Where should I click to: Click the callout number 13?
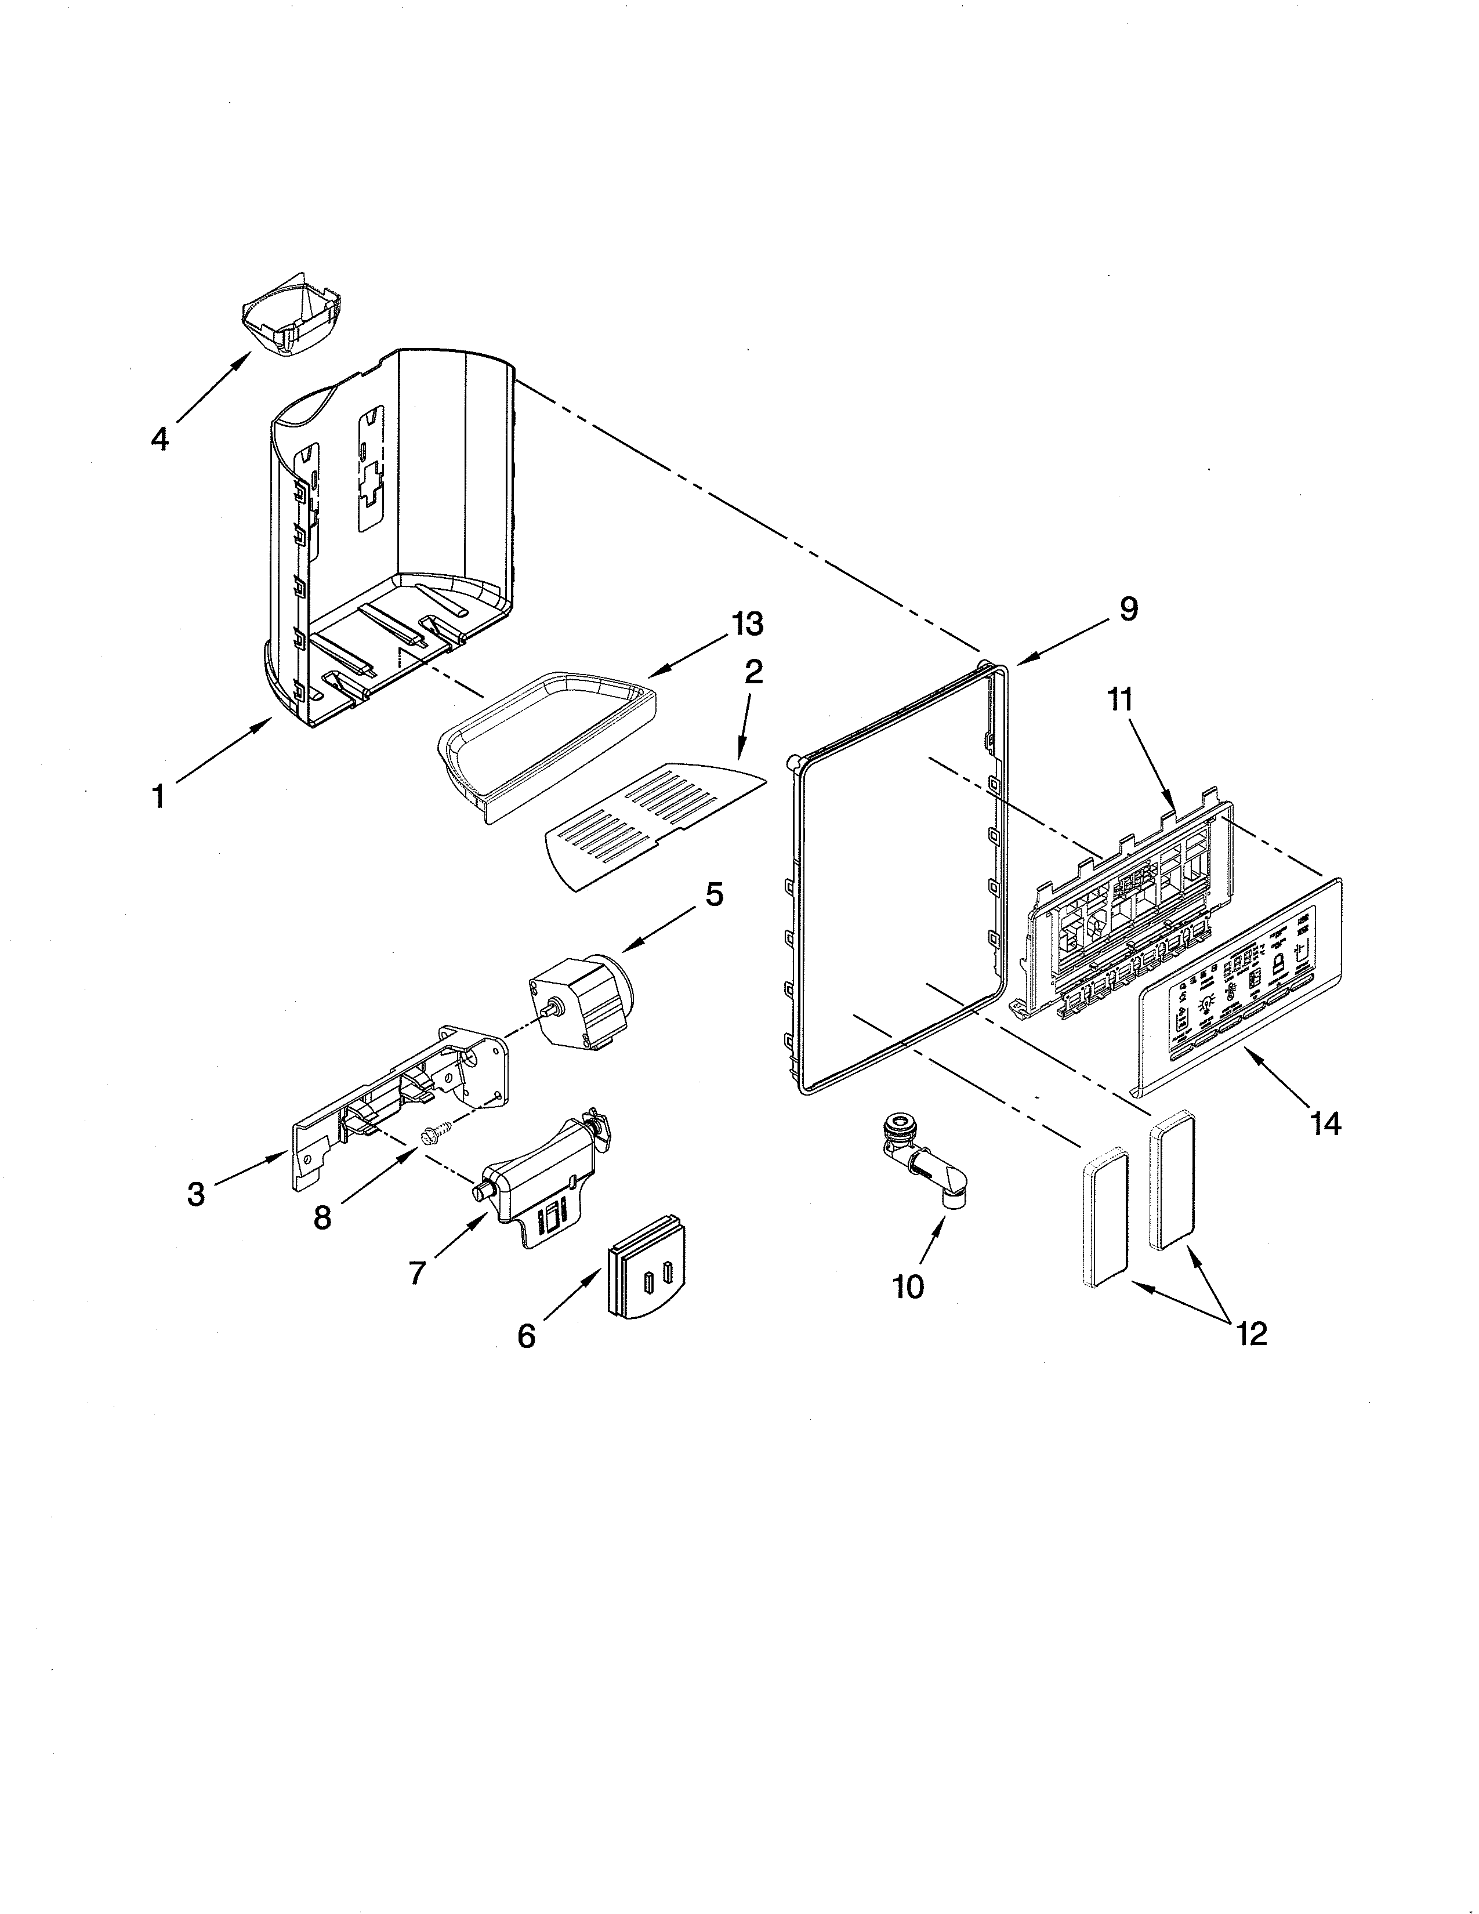[746, 624]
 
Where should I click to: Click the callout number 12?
[1252, 1334]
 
